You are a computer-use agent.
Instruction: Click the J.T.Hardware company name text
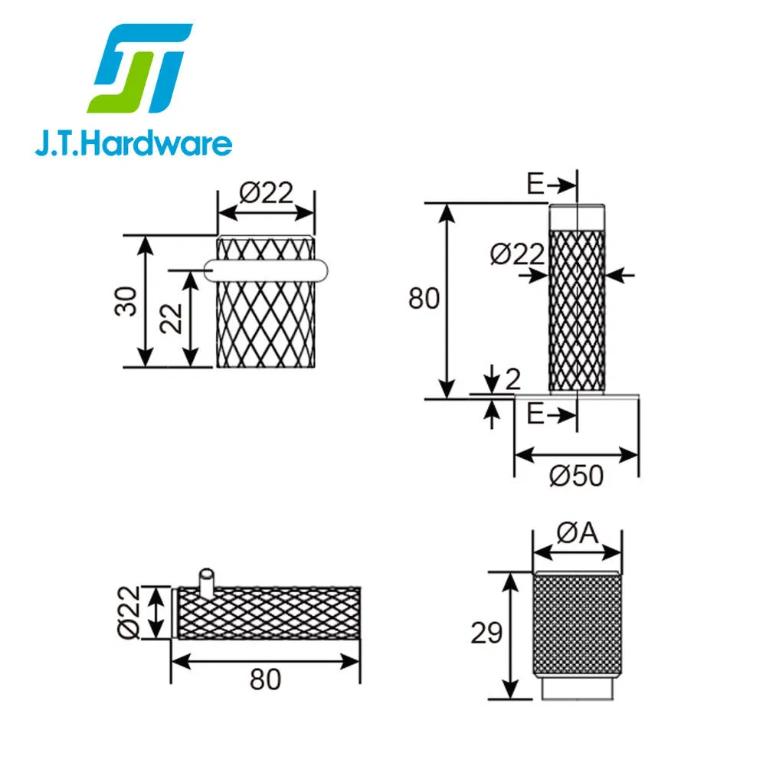point(133,144)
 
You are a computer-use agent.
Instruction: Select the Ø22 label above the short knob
point(266,193)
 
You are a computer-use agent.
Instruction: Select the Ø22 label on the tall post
point(517,254)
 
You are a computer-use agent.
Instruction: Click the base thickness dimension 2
point(513,378)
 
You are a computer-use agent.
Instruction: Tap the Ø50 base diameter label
point(576,476)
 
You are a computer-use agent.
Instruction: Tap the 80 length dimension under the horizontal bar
point(265,679)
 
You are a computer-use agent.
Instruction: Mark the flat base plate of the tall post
point(576,395)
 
